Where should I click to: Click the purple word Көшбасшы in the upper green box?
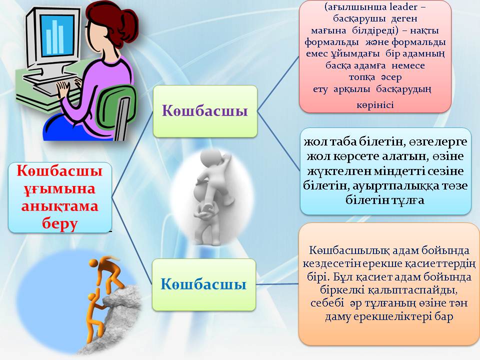coord(205,110)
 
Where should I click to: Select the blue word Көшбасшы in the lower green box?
coord(203,285)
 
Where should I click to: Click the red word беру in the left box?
coord(60,223)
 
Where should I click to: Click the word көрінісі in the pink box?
coord(375,105)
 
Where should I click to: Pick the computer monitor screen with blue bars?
coord(55,33)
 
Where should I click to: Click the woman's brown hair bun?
coord(102,12)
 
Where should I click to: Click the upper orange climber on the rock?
coord(106,272)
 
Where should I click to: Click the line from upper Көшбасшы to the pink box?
coord(278,80)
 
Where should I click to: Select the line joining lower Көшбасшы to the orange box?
coord(277,284)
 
